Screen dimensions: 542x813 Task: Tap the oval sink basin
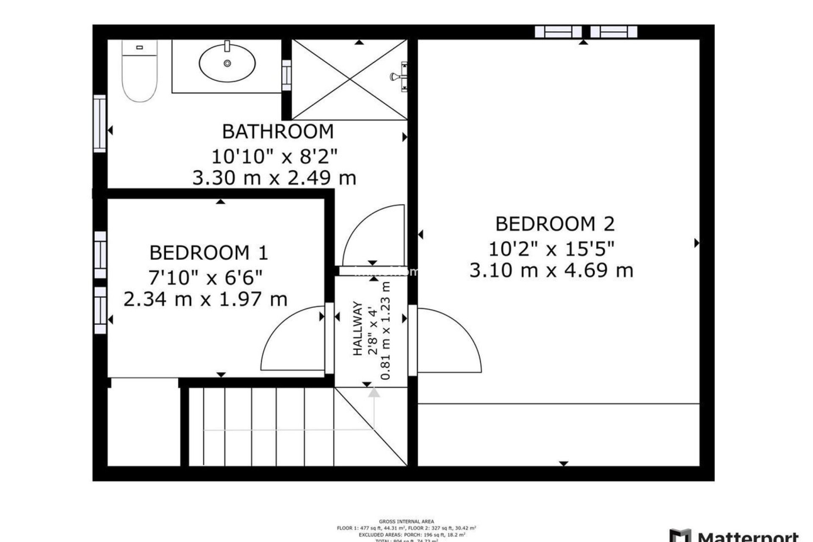click(227, 64)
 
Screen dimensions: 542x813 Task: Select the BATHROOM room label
click(278, 132)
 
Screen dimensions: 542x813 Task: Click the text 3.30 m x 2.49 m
click(274, 178)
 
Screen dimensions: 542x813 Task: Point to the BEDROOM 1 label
click(209, 253)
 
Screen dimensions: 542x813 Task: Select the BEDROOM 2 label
click(555, 224)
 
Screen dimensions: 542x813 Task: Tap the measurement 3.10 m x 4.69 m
click(551, 270)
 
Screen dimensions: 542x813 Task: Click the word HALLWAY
click(358, 328)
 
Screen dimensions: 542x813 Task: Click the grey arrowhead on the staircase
click(374, 393)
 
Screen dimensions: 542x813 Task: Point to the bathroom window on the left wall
click(100, 124)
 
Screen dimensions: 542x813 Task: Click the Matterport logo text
click(747, 537)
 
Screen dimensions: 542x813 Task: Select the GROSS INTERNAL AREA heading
click(406, 522)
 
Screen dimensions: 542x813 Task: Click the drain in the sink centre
click(227, 64)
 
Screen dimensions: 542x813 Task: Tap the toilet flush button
click(140, 47)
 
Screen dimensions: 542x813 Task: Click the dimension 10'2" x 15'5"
click(551, 249)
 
